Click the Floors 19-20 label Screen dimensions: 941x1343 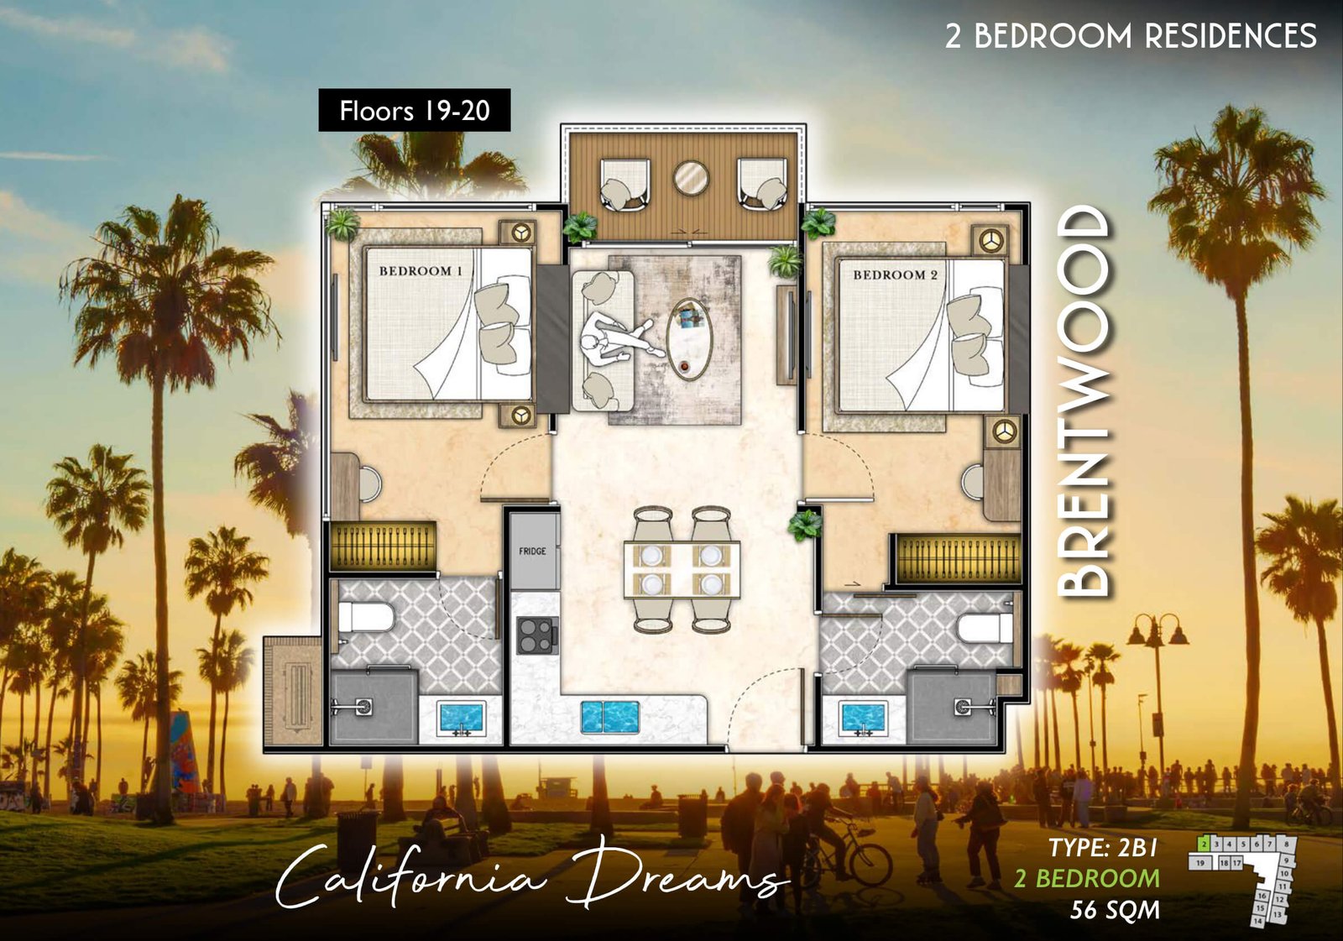click(414, 110)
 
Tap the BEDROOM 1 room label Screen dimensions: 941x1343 click(421, 271)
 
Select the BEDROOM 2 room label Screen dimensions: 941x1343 click(895, 274)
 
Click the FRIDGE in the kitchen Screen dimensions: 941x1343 click(533, 552)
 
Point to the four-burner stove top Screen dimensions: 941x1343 click(537, 635)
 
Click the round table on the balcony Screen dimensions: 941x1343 click(691, 178)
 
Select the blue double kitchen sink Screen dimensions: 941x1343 click(610, 717)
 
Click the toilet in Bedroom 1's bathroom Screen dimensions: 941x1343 click(364, 619)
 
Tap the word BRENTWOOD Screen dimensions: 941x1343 click(1084, 401)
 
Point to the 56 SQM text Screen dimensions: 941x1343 click(1115, 910)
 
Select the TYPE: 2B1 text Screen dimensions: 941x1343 click(1103, 848)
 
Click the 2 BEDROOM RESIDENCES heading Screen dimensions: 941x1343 click(1130, 36)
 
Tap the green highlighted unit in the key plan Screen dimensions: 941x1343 click(1204, 842)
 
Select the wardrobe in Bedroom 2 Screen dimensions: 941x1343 click(958, 558)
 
